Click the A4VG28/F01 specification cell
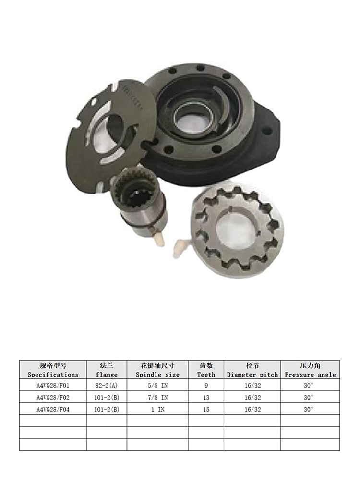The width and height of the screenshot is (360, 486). tap(53, 385)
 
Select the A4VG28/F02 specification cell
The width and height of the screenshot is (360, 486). tap(53, 397)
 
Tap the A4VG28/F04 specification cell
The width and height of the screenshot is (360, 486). tap(53, 410)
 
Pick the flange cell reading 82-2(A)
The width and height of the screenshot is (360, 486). tap(107, 385)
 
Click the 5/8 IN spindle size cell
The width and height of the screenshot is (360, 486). tap(157, 385)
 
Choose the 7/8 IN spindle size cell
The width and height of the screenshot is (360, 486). tap(157, 397)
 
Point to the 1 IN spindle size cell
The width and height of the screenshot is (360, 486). tap(158, 410)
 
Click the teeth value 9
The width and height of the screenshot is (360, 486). tap(206, 385)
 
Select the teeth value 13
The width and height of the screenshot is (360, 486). tap(206, 397)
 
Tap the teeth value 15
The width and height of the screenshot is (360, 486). tap(206, 410)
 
